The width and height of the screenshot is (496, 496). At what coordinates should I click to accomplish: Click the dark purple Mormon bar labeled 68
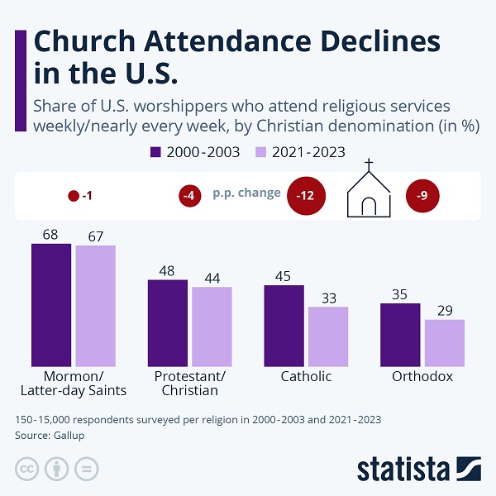[51, 305]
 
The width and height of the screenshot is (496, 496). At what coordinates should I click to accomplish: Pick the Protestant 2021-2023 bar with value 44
[212, 326]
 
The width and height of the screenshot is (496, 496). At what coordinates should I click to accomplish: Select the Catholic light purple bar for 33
[328, 336]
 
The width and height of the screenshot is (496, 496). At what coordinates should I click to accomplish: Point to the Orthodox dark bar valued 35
[400, 334]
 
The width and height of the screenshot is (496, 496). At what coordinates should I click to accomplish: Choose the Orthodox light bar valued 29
[445, 342]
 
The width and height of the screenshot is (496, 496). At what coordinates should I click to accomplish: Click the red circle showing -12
[306, 197]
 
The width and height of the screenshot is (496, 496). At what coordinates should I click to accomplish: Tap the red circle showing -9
[422, 197]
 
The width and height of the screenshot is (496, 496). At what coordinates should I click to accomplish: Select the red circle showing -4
[189, 197]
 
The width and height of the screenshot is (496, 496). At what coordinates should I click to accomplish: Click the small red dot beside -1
[74, 197]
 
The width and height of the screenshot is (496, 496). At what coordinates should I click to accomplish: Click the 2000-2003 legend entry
[196, 152]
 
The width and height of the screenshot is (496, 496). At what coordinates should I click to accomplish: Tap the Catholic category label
[306, 377]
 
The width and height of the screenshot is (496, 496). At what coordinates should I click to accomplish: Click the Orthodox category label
[422, 377]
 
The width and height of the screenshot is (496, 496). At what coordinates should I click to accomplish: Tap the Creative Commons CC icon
[27, 469]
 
